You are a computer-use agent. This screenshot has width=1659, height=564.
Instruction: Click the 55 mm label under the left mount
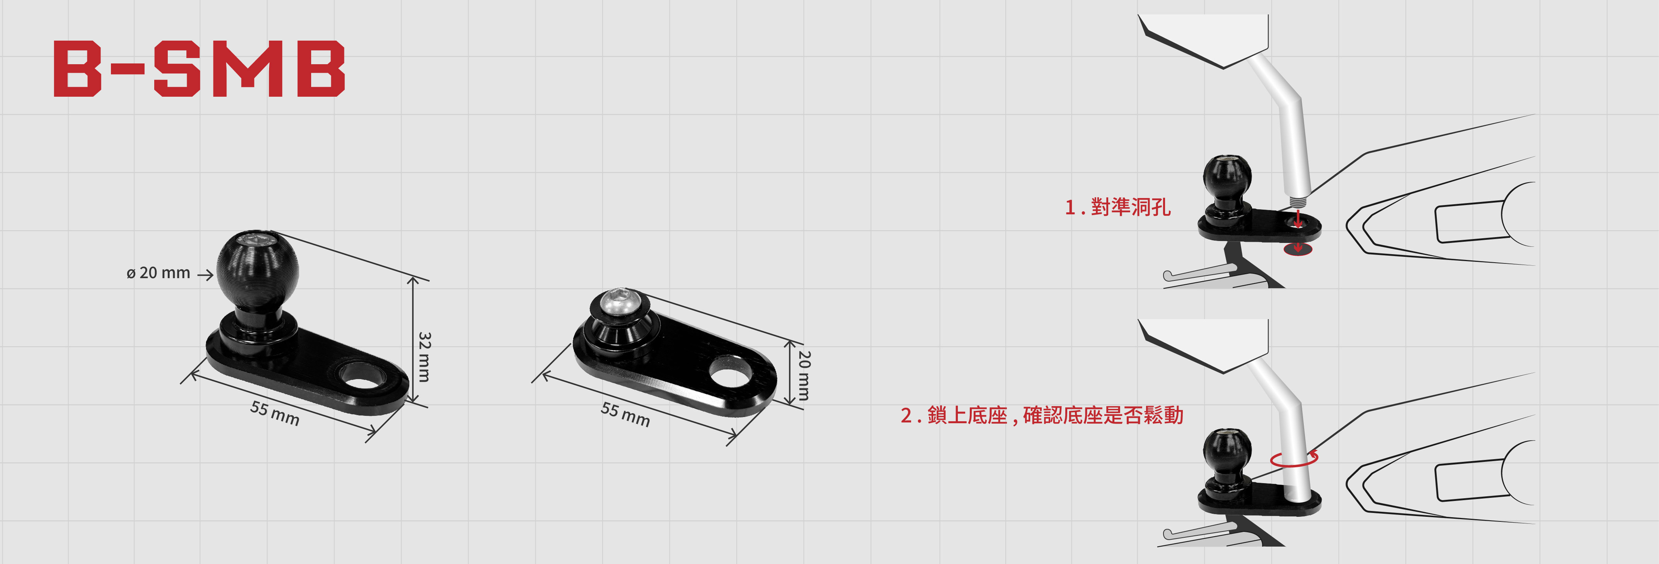275,413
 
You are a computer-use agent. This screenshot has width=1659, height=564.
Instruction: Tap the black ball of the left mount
257,266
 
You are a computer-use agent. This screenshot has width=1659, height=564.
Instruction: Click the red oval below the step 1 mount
1297,249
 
